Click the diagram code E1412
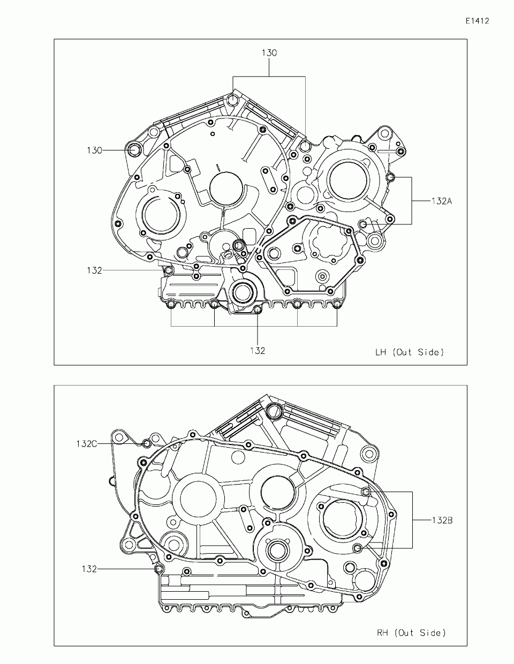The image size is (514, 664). [x=478, y=21]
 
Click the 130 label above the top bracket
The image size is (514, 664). [x=269, y=53]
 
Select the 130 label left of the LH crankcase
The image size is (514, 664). [x=94, y=150]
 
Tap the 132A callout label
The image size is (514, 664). [x=441, y=201]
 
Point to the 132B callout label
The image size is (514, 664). [x=442, y=520]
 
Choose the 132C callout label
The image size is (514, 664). [x=86, y=444]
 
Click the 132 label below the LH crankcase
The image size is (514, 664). [x=258, y=351]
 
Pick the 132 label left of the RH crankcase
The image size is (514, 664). [x=89, y=569]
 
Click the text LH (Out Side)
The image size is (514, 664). [x=409, y=352]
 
